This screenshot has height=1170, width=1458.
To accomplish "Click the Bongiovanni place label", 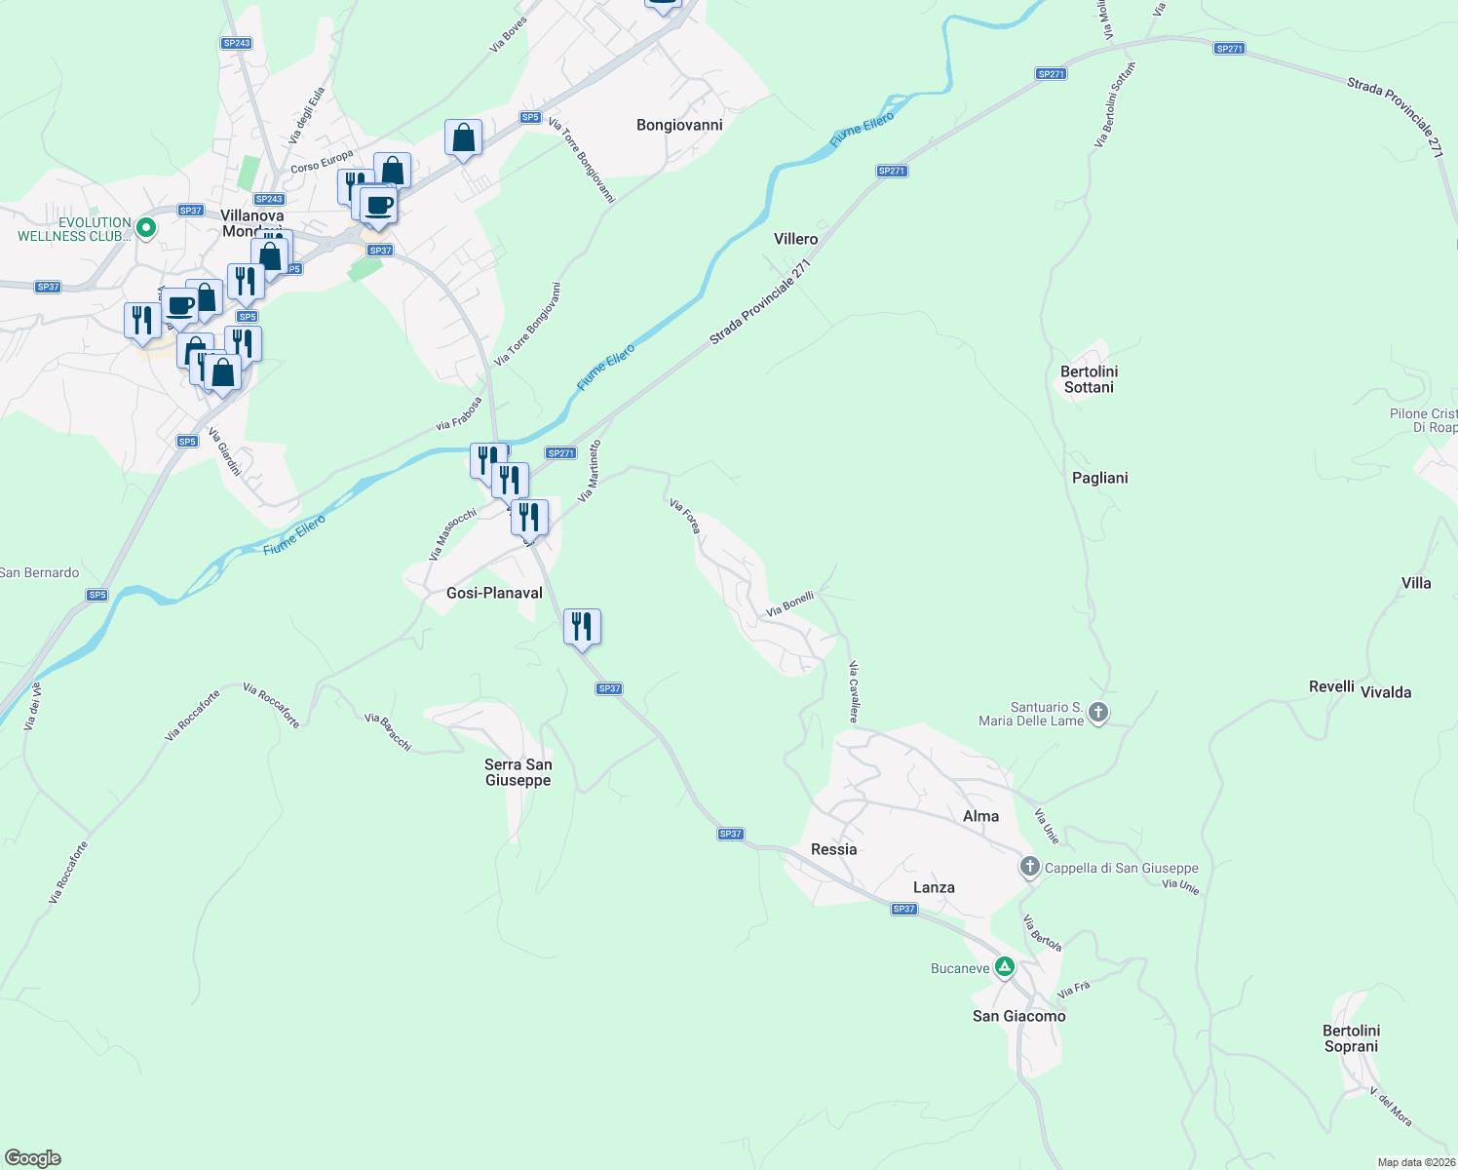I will coord(679,125).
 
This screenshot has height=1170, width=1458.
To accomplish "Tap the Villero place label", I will coord(795,239).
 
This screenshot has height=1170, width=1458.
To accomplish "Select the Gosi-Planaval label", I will coord(494,593).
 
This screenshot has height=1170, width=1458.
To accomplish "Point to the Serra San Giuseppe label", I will coord(518,772).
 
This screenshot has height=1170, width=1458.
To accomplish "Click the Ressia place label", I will coord(833,849).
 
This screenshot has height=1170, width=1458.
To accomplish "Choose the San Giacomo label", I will coord(1018,1016).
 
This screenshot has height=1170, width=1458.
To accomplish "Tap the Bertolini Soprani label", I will coord(1351,1038).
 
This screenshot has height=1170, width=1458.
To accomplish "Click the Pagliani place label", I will coord(1099,478).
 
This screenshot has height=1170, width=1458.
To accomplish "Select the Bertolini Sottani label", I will coord(1089,379).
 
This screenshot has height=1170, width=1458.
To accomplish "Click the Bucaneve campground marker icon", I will coord(1005,967).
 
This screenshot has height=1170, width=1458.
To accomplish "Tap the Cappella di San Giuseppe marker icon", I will coord(1030,866).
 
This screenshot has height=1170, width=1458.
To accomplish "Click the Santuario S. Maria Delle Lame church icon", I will coord(1098,713).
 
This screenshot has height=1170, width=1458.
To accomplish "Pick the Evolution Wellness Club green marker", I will coord(146,228).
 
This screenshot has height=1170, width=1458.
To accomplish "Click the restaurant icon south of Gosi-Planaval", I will coord(582,626).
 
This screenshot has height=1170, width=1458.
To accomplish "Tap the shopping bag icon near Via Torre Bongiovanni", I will coord(463,137).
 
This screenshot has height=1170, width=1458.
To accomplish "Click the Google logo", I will coord(33,1158).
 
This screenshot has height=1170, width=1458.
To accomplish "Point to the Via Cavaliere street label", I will coord(853,692).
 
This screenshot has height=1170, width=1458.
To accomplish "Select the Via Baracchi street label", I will coord(388,732).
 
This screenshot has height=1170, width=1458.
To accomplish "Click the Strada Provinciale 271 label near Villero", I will coord(760,301).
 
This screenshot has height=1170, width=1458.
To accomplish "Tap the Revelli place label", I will coord(1331,686).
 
